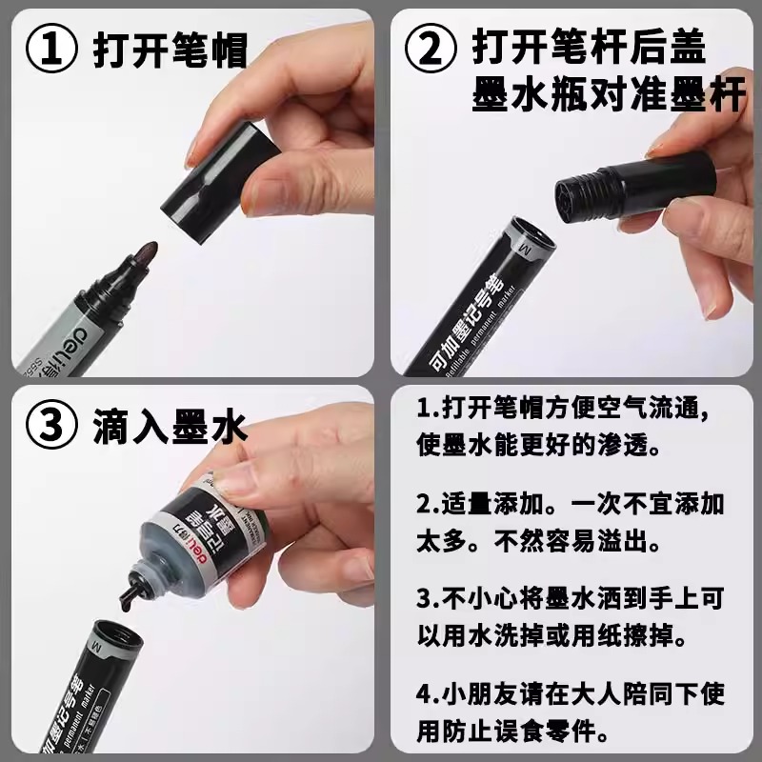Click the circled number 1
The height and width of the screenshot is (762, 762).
click(x=51, y=49)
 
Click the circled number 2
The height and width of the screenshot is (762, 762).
click(x=431, y=49)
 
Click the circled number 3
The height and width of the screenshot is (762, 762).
click(x=51, y=425)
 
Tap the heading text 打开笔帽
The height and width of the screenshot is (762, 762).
click(x=170, y=50)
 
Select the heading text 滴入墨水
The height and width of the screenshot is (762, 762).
click(x=170, y=426)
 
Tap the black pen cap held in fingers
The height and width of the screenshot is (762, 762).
click(x=220, y=182)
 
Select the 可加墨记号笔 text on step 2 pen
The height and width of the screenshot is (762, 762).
click(x=468, y=318)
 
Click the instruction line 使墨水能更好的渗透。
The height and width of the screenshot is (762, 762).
click(x=538, y=444)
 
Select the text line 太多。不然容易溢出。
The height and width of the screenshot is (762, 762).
click(x=538, y=540)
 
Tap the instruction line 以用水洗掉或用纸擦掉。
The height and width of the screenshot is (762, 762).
click(x=551, y=635)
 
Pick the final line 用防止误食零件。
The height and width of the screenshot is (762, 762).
click(x=512, y=731)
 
